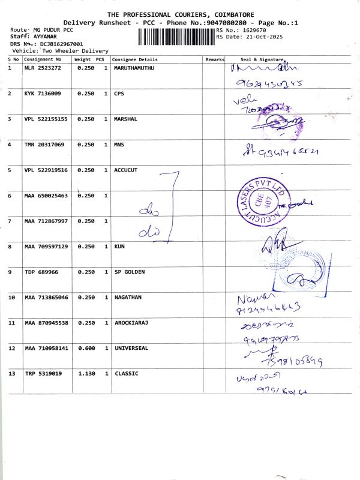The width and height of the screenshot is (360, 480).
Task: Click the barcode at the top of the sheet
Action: click(x=176, y=37)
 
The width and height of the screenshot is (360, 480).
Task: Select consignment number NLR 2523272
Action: click(x=42, y=68)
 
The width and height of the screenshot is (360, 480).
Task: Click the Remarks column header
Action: click(x=214, y=60)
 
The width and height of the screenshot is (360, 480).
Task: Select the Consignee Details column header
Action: click(x=135, y=60)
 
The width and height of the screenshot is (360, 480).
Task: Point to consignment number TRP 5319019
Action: click(x=43, y=374)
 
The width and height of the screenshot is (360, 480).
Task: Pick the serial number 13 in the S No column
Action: click(x=11, y=374)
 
